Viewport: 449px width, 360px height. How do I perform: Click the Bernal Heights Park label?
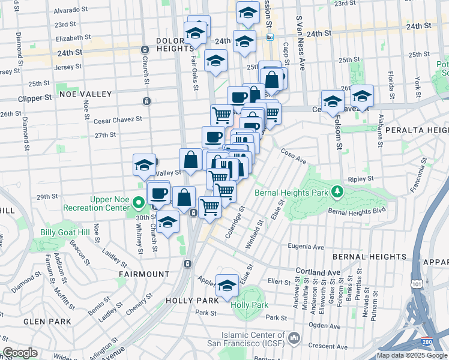(x=292, y=193)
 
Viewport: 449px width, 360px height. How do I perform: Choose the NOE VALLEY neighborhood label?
(x=85, y=94)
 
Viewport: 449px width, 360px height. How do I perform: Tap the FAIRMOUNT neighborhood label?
(x=144, y=274)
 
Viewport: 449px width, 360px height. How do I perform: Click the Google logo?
(x=20, y=353)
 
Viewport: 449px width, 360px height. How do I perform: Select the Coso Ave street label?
(x=294, y=156)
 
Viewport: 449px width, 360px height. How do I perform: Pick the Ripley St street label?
(x=360, y=178)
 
